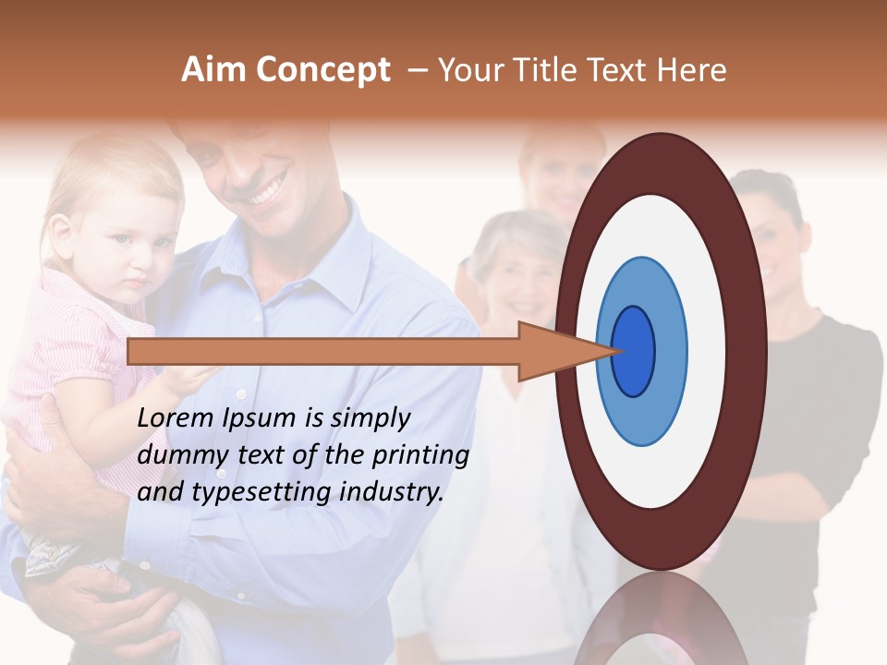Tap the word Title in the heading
click(551, 70)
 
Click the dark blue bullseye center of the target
click(634, 351)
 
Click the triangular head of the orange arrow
click(555, 352)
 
